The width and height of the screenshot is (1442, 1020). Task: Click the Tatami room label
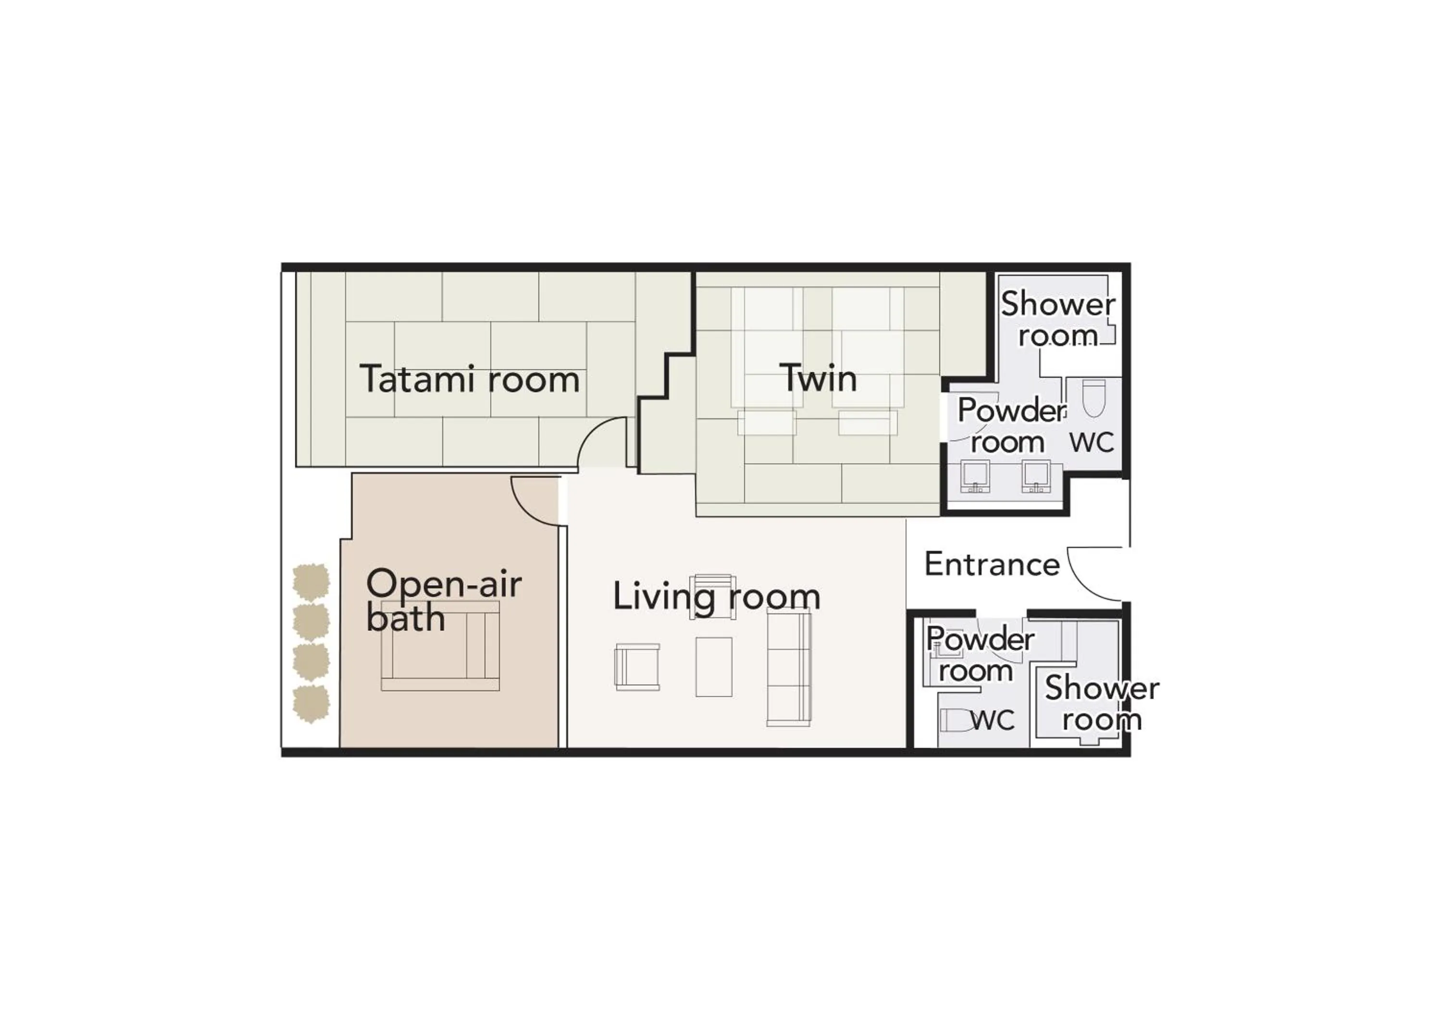(469, 379)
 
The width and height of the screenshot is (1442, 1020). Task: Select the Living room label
(716, 596)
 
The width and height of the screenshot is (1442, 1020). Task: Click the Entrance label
(992, 564)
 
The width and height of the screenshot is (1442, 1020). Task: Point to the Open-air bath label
(443, 600)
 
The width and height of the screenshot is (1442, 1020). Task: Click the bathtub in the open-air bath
(440, 646)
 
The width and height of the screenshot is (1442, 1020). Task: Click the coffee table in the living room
(713, 666)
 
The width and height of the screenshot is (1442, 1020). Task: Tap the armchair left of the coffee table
(637, 666)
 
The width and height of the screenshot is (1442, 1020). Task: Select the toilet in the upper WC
(1094, 398)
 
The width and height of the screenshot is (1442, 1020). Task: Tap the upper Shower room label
(1057, 320)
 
